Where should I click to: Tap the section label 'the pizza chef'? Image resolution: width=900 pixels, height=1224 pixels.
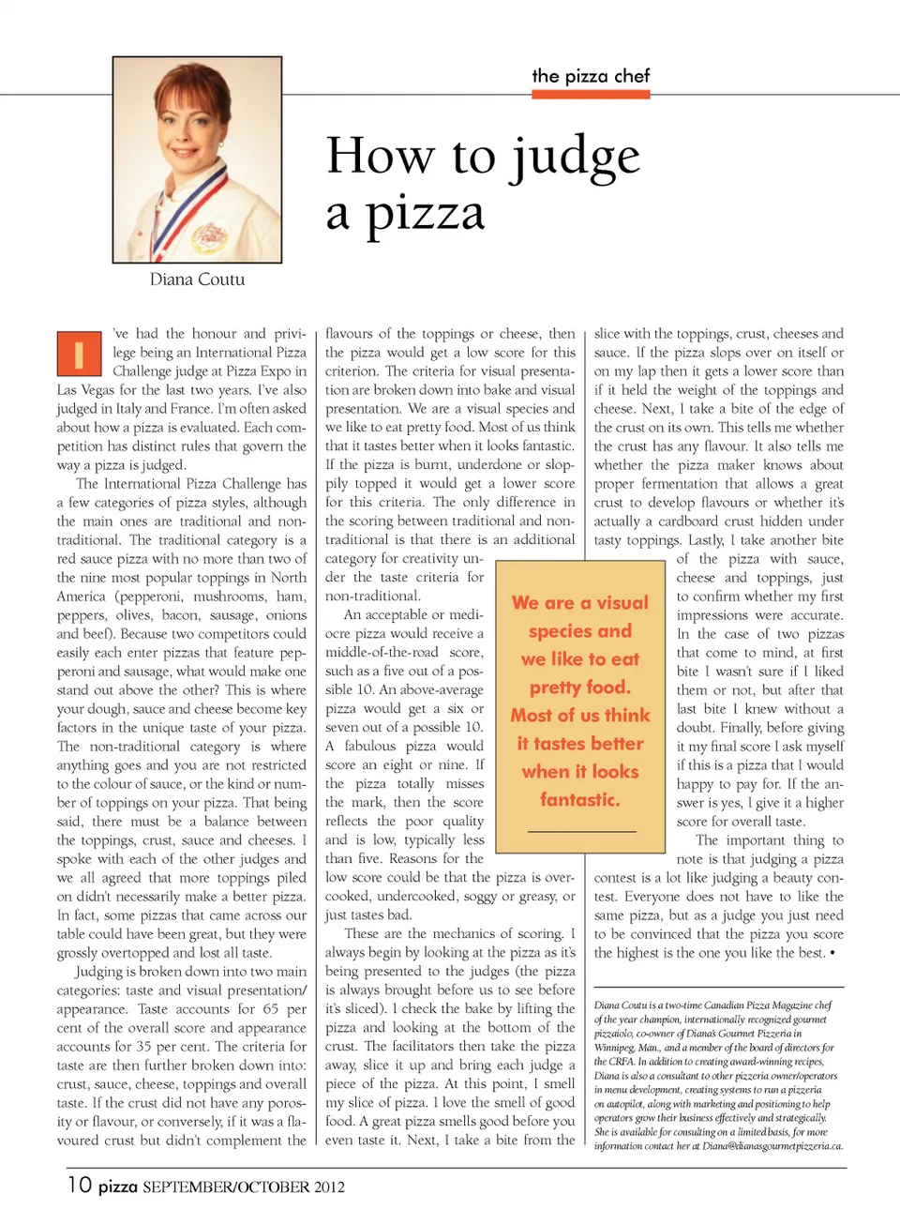coord(591,76)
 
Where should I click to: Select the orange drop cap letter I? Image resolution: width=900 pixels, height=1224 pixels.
coord(79,354)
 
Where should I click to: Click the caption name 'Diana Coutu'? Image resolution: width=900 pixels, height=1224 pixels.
coord(197,280)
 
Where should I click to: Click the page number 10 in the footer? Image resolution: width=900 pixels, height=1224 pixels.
coord(80,1185)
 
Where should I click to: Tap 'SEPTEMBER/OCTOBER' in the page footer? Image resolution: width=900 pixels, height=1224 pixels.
coord(226,1186)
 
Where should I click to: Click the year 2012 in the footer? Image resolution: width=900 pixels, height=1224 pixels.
coord(330,1186)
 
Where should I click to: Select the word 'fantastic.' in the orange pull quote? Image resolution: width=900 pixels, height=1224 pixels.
coord(580,800)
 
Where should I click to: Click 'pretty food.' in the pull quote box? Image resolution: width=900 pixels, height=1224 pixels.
coord(580,688)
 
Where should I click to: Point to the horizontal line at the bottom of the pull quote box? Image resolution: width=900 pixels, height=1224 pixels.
coord(581,831)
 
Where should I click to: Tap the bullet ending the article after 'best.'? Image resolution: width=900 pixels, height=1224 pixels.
coord(832,953)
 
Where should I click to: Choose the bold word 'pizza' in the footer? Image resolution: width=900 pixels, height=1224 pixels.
coord(118,1186)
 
